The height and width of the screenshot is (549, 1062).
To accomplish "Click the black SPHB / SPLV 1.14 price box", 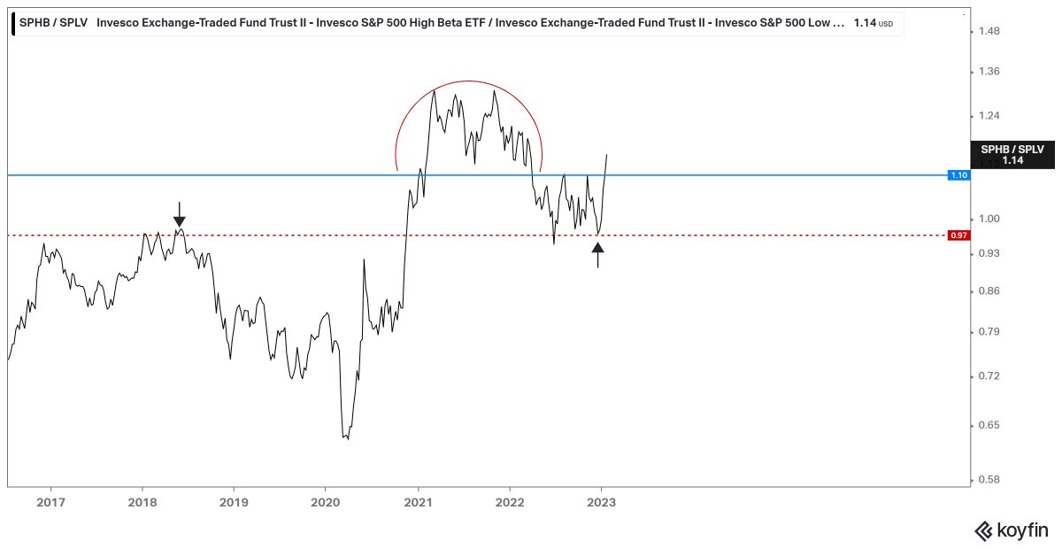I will click(1012, 155).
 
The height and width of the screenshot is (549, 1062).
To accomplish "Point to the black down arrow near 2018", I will click(180, 215).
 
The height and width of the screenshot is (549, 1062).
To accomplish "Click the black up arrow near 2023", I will click(598, 254).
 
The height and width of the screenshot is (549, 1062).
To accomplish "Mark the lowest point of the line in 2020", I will click(347, 439).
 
